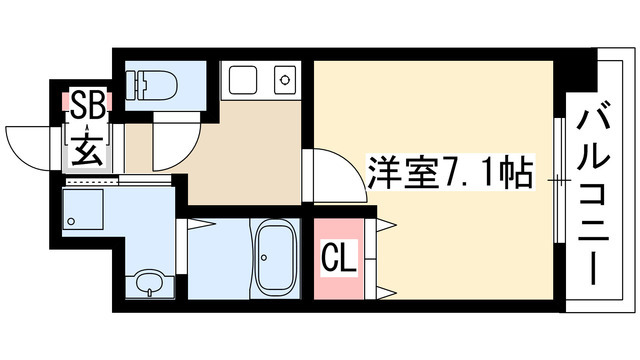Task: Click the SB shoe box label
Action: click(x=88, y=105)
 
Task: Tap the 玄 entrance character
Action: click(x=88, y=150)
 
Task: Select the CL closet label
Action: click(x=340, y=256)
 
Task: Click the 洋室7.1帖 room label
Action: click(x=451, y=171)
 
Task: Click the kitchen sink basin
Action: click(x=243, y=80)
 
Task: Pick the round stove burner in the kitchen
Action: click(x=284, y=80)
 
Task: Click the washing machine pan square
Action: click(x=82, y=209)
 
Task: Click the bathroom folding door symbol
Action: click(x=197, y=224)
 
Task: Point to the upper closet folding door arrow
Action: click(x=386, y=224)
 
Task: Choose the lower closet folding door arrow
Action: click(x=386, y=292)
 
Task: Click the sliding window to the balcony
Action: click(x=560, y=180)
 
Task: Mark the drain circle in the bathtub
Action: click(x=264, y=258)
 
